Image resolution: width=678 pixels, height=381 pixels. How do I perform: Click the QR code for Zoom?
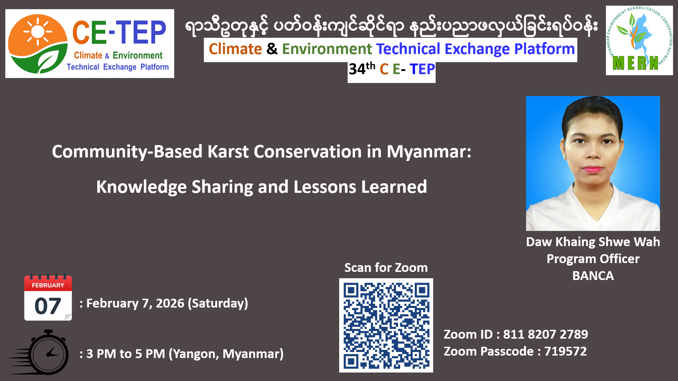tap(386, 325)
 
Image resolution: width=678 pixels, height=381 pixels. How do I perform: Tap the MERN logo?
tap(639, 40)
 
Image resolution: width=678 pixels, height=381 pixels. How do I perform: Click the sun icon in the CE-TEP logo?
tap(37, 31)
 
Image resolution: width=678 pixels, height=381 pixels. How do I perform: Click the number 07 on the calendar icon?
tap(48, 306)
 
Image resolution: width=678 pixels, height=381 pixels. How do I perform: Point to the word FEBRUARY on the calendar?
tap(48, 285)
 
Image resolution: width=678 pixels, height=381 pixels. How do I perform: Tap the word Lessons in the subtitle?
tap(325, 187)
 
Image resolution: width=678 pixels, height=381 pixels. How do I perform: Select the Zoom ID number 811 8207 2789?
tap(546, 334)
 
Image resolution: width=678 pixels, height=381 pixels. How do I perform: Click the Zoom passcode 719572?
tap(565, 351)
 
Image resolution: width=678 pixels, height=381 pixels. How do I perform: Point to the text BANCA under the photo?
tap(593, 275)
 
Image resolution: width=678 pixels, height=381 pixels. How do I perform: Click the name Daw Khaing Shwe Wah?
tap(593, 242)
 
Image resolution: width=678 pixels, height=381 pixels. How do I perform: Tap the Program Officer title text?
tap(593, 259)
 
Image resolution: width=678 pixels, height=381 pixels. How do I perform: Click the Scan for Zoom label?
tap(386, 268)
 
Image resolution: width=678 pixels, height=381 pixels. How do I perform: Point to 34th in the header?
tap(362, 68)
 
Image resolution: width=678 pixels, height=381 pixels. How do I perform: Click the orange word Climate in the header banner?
tap(235, 49)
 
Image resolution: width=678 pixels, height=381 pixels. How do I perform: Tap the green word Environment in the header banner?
tap(327, 49)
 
